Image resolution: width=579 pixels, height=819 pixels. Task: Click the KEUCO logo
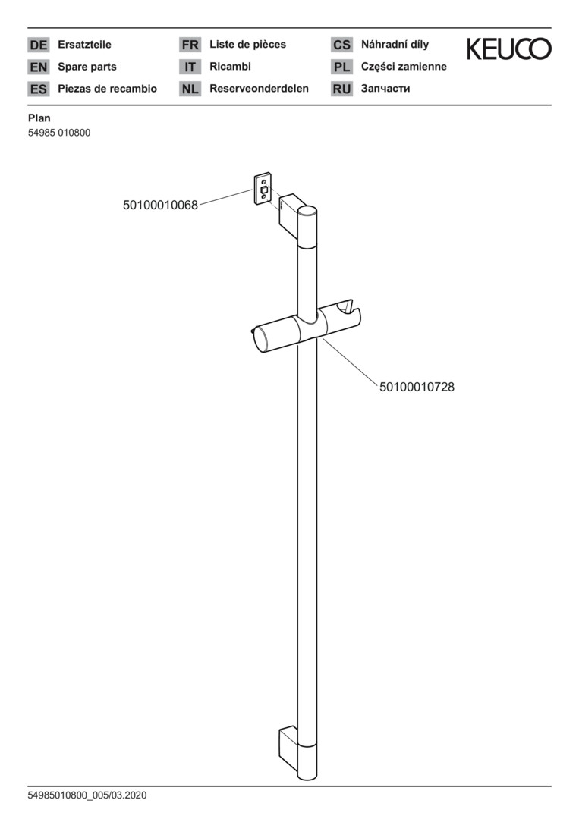(x=509, y=49)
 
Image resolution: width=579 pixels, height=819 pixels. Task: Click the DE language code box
(x=38, y=45)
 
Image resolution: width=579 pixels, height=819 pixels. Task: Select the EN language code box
(x=38, y=67)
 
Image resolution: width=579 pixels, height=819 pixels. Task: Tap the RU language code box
(x=341, y=89)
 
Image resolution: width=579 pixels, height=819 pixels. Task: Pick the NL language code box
(x=190, y=89)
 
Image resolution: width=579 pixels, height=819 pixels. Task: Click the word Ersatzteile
(x=85, y=45)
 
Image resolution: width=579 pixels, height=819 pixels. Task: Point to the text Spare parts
(x=87, y=67)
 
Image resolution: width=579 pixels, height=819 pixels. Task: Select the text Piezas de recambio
(x=107, y=88)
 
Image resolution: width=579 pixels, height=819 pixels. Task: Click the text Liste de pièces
(x=247, y=45)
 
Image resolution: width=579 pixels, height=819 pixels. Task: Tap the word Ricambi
(x=230, y=66)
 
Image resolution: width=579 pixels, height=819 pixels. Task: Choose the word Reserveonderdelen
(x=260, y=88)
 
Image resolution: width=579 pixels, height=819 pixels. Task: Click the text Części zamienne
(x=404, y=66)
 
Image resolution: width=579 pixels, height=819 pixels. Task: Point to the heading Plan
(x=39, y=118)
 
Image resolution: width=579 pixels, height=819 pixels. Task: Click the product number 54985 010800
(x=59, y=133)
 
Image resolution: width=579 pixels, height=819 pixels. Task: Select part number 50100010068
(x=160, y=206)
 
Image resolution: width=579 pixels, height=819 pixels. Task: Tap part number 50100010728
(x=417, y=387)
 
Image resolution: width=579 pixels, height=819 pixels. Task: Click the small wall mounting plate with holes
(x=263, y=189)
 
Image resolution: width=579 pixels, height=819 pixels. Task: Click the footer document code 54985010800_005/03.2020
(x=87, y=795)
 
